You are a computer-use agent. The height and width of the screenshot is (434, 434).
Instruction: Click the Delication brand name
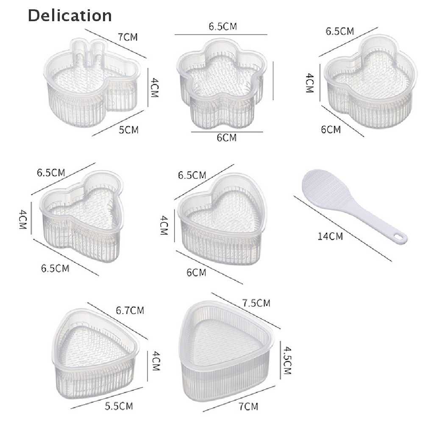[x=70, y=16]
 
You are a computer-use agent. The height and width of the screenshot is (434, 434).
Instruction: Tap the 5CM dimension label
[x=129, y=130]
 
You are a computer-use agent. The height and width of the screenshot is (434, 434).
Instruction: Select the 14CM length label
[x=330, y=236]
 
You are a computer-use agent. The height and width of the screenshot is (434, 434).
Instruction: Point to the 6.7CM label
[x=130, y=310]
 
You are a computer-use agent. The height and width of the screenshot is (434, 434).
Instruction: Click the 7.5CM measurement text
[x=256, y=303]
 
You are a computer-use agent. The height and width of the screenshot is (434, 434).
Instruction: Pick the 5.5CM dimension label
[x=119, y=406]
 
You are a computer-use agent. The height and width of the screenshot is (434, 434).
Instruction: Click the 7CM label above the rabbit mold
[x=128, y=37]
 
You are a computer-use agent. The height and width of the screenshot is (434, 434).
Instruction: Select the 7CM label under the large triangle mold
[x=248, y=406]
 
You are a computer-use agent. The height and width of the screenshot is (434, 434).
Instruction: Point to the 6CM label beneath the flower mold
[x=227, y=138]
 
